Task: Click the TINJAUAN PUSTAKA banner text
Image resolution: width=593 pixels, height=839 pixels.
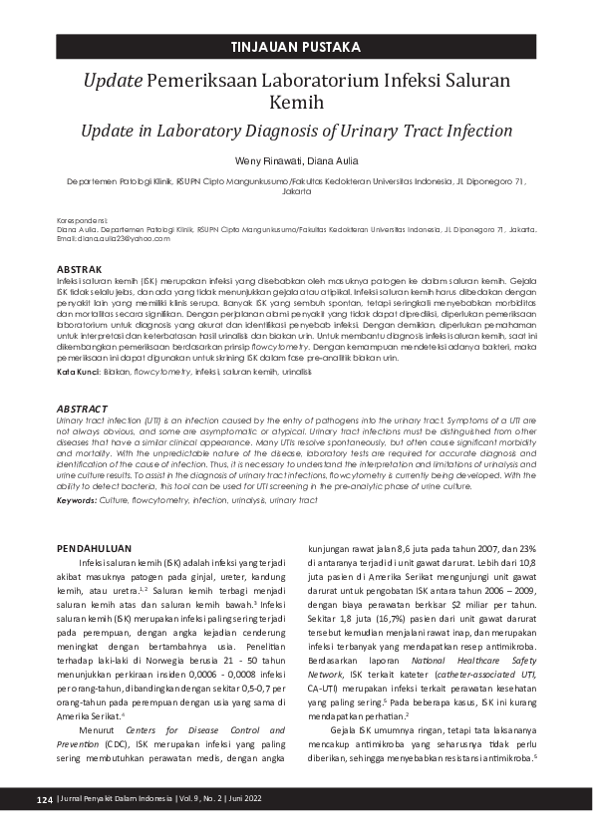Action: click(296, 47)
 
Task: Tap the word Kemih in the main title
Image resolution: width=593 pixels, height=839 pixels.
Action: click(296, 103)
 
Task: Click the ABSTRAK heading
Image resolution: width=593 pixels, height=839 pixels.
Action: click(79, 270)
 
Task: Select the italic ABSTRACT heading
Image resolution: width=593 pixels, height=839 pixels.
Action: click(82, 409)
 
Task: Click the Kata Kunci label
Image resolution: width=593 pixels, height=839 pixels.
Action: click(78, 372)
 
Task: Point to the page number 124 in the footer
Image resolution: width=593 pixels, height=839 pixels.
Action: click(43, 800)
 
